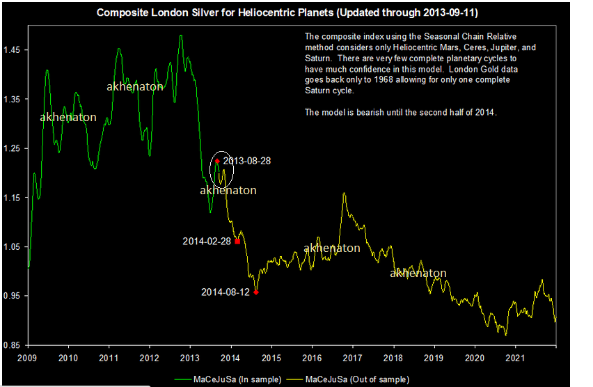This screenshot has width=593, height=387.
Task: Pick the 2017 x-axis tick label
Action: point(353,358)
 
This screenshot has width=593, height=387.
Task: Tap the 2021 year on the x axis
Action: point(516,358)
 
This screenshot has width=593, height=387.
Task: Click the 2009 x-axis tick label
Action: point(27,358)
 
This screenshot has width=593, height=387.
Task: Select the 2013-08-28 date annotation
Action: point(247,161)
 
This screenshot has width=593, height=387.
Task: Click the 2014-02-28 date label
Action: point(207,242)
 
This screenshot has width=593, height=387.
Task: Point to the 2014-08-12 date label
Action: point(225,292)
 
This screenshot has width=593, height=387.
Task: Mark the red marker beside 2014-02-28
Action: point(237,242)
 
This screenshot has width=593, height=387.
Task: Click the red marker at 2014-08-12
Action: point(256,292)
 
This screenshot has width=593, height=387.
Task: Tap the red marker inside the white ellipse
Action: point(217,161)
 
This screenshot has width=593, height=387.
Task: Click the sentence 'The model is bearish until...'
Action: point(400,112)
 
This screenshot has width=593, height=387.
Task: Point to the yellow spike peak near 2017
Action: point(344,193)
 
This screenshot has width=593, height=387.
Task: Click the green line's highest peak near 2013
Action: point(181,35)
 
